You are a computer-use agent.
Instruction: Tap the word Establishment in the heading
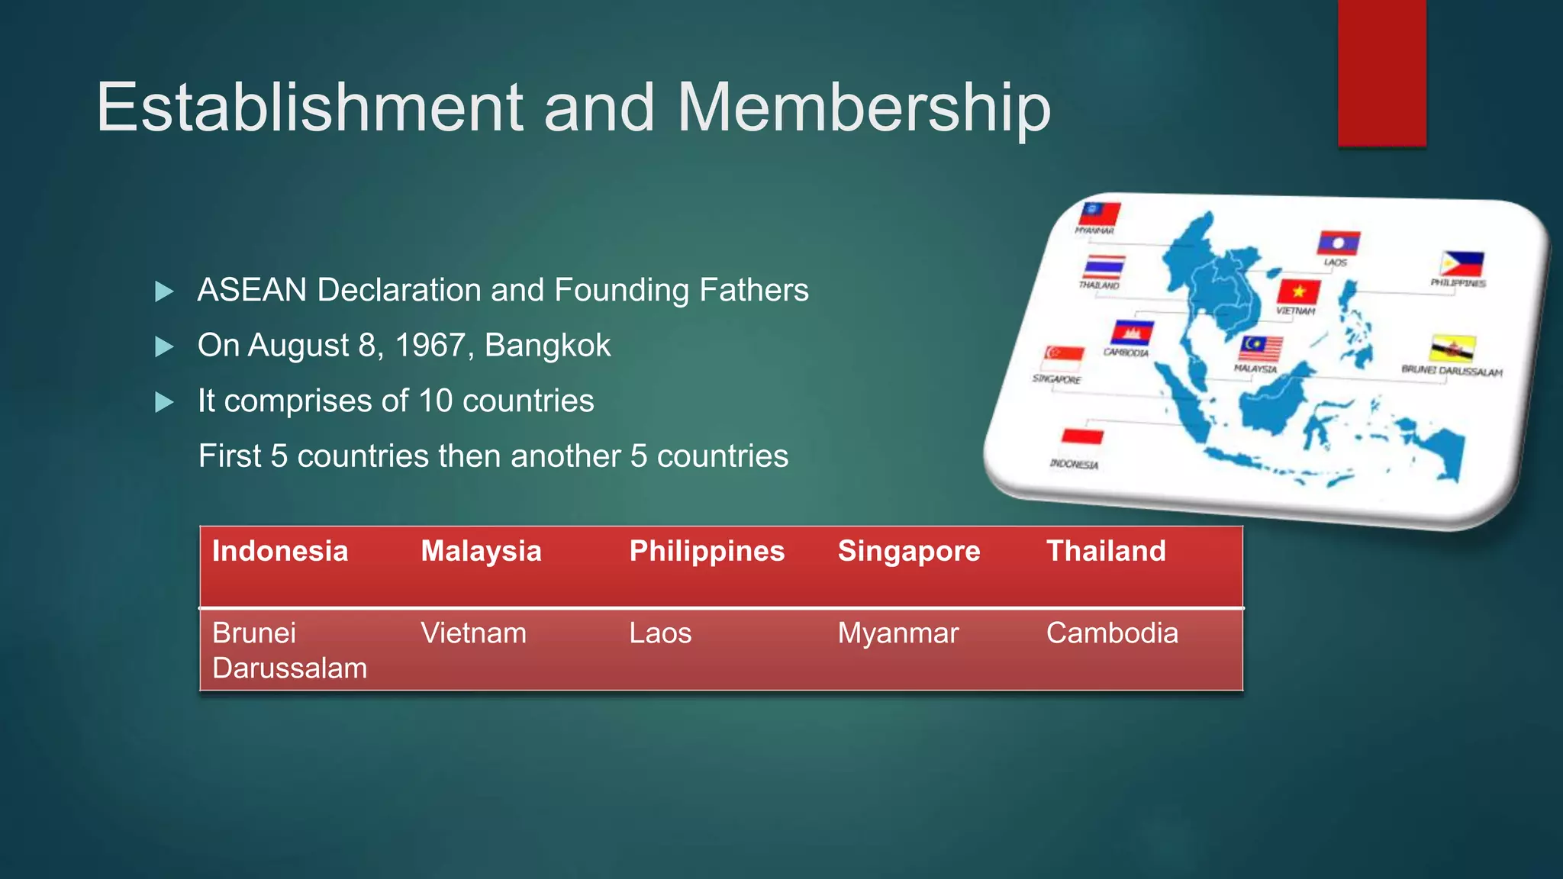pyautogui.click(x=310, y=108)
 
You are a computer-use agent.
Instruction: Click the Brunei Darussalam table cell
pyautogui.click(x=289, y=650)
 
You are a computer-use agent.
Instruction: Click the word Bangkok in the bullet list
pyautogui.click(x=547, y=346)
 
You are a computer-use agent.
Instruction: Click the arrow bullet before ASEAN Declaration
pyautogui.click(x=164, y=291)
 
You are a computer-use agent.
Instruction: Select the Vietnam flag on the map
pyautogui.click(x=1298, y=291)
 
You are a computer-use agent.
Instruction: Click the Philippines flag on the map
pyautogui.click(x=1461, y=264)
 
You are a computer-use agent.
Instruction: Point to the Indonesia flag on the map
pyautogui.click(x=1082, y=436)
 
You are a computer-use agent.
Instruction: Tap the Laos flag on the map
pyautogui.click(x=1338, y=243)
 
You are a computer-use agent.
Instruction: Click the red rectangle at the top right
pyautogui.click(x=1381, y=72)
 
